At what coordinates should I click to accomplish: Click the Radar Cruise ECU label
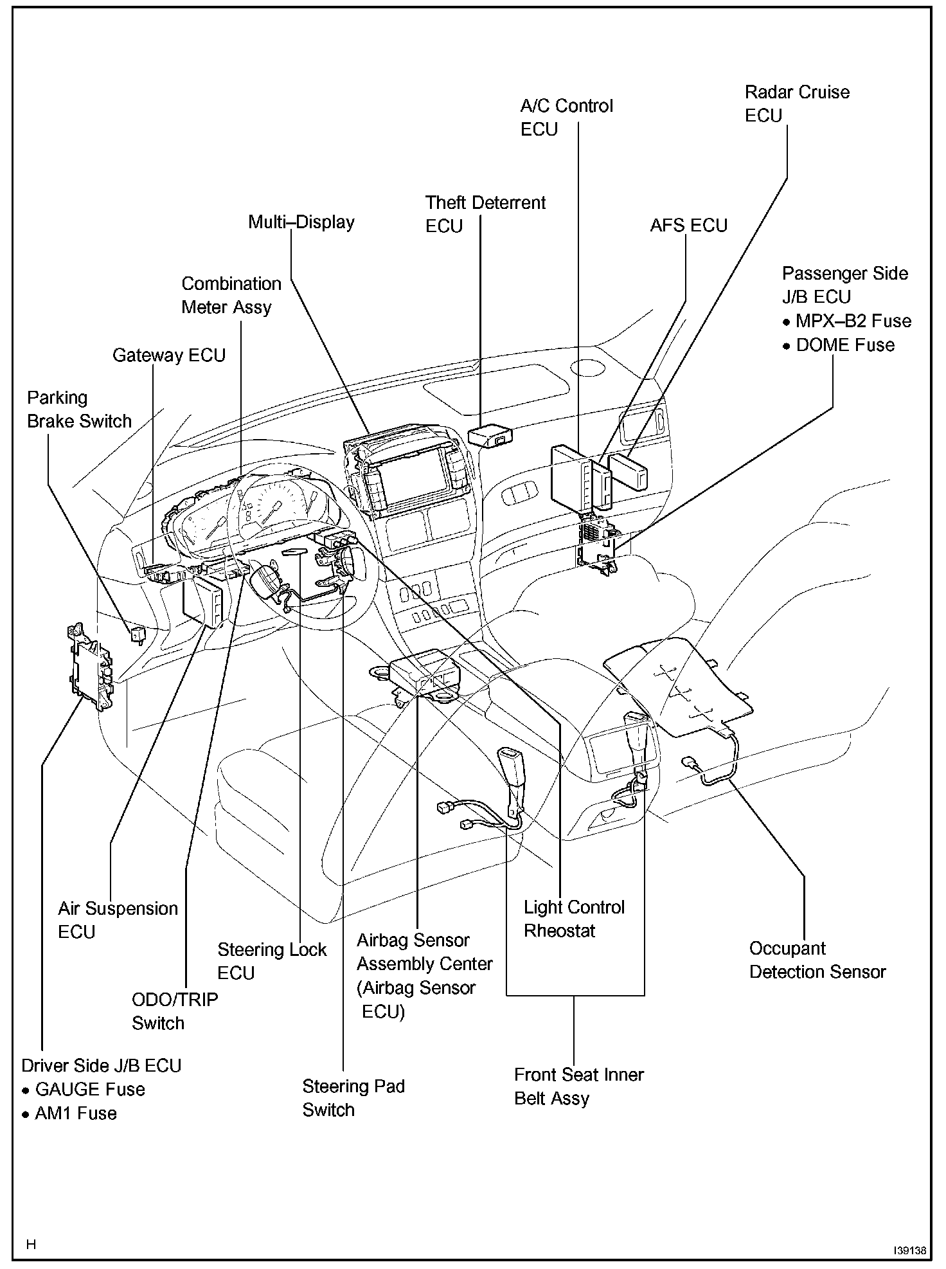797,104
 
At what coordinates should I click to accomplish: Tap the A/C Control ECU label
566,118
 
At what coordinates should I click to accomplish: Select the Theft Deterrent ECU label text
485,214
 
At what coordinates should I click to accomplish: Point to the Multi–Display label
301,222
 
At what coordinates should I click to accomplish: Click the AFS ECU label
688,226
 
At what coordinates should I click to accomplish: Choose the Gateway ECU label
169,355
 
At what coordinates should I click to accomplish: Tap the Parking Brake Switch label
79,410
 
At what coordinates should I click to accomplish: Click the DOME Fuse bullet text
844,345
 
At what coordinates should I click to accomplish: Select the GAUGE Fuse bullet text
89,1089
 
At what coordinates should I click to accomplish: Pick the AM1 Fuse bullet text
75,1113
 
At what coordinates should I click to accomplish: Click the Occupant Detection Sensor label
817,960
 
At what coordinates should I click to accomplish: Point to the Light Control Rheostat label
573,919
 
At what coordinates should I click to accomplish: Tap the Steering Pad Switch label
353,1097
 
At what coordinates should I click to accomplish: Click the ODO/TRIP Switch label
175,1011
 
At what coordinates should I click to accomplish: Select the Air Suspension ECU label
118,920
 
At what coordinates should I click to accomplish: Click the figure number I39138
909,1250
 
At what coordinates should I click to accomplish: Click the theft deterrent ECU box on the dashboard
490,435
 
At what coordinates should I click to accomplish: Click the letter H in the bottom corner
31,1245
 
